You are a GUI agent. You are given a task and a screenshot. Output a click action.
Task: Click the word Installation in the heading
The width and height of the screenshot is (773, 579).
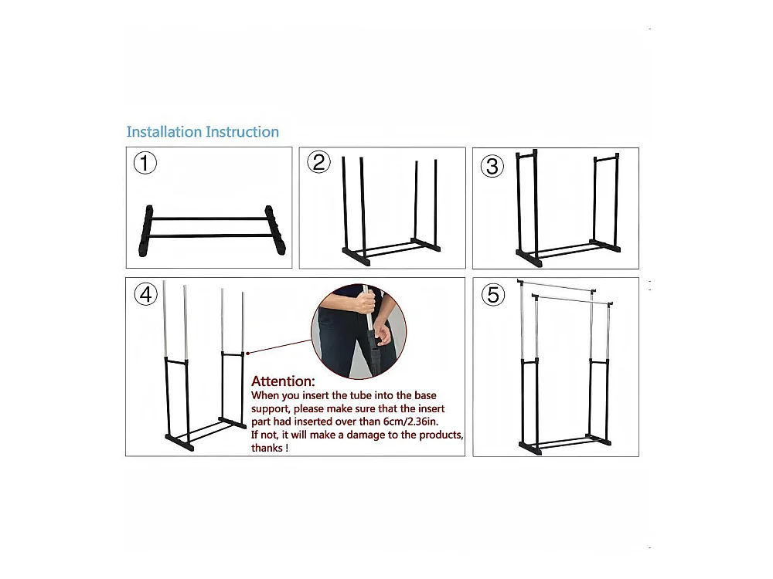(164, 132)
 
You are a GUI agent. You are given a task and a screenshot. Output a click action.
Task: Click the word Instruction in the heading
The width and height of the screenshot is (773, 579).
(243, 132)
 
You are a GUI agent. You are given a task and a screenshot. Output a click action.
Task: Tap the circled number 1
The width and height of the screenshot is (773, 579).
(145, 163)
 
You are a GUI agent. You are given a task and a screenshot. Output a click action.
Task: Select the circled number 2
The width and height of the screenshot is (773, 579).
(318, 162)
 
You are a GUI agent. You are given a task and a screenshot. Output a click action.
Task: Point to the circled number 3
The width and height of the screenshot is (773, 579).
(492, 166)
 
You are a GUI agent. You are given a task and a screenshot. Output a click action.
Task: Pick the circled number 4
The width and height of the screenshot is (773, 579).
(146, 294)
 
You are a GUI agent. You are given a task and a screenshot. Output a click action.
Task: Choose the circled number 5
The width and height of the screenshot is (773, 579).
(493, 294)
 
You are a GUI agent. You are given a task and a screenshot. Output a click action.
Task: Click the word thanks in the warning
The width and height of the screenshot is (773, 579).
(267, 448)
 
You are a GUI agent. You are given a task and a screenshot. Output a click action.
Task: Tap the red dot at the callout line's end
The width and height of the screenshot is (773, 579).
(247, 353)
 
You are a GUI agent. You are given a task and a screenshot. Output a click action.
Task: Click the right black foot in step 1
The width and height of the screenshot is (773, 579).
(276, 229)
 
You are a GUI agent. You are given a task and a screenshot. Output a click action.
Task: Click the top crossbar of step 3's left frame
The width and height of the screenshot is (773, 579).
(526, 155)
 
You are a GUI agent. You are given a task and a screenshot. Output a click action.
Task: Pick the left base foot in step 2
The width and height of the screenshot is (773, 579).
(356, 256)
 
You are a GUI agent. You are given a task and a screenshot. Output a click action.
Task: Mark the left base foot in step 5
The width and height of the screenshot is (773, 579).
(530, 448)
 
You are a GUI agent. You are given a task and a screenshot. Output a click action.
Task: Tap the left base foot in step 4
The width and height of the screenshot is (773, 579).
(179, 442)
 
